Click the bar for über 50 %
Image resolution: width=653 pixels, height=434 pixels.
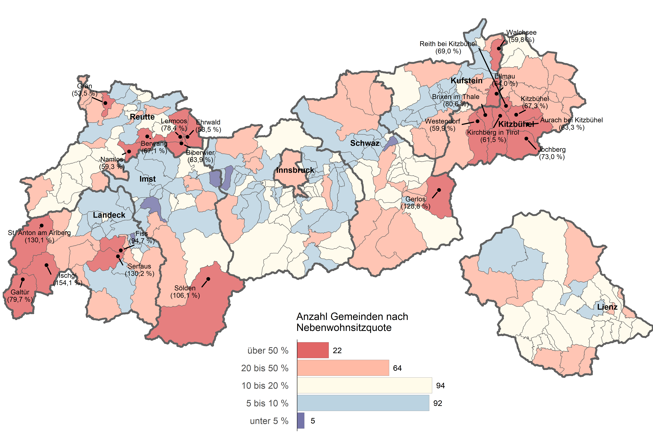click(x=313, y=350)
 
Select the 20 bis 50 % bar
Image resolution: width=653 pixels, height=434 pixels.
click(x=343, y=368)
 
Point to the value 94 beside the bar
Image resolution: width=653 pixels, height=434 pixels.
click(x=440, y=386)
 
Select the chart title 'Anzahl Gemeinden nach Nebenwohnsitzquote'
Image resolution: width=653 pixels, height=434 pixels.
click(x=352, y=322)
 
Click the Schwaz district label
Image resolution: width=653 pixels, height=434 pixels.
click(x=365, y=143)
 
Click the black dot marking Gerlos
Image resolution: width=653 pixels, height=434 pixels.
click(x=439, y=190)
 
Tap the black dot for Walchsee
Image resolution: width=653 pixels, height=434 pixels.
click(x=499, y=48)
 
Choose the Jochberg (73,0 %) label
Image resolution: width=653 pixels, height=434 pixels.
click(x=552, y=153)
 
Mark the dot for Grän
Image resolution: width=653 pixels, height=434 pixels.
click(x=105, y=103)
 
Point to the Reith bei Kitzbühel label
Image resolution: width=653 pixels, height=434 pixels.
click(x=448, y=47)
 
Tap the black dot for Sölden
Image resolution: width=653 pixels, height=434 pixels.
click(x=208, y=279)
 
